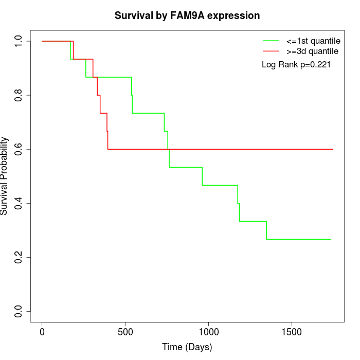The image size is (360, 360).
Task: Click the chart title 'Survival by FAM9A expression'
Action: pyautogui.click(x=187, y=16)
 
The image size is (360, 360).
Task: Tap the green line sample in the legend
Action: pyautogui.click(x=271, y=41)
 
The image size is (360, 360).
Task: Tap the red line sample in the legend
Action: pyautogui.click(x=271, y=51)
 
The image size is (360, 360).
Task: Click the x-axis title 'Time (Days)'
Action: pyautogui.click(x=187, y=347)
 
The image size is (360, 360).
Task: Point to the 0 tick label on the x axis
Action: pyautogui.click(x=42, y=332)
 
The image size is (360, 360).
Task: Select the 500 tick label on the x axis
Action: pyautogui.click(x=125, y=332)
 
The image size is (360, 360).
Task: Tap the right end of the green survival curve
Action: pyautogui.click(x=330, y=239)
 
